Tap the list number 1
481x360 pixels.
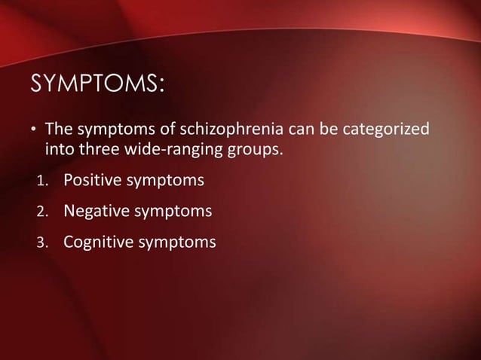[x=44, y=182]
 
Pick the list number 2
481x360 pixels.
[x=44, y=212]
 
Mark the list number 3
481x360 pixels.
[x=44, y=243]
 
